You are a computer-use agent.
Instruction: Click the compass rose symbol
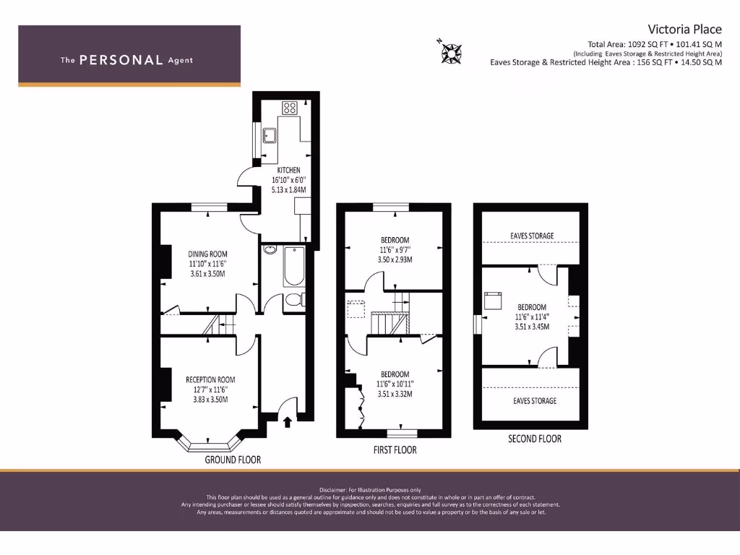[451, 51]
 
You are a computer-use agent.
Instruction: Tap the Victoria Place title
[684, 29]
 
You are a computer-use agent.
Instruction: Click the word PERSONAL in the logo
[121, 60]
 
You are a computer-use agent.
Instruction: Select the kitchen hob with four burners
[290, 108]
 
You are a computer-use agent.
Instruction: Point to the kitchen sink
[270, 135]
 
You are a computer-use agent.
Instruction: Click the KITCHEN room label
[288, 171]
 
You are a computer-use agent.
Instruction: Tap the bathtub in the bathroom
[293, 267]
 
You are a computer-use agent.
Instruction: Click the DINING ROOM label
[207, 254]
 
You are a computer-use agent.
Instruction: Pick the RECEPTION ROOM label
[210, 379]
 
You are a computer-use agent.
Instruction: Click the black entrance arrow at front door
[288, 421]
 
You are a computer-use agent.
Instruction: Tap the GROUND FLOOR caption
[233, 460]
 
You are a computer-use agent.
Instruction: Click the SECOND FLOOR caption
[535, 439]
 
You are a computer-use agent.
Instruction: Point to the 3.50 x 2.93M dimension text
[395, 259]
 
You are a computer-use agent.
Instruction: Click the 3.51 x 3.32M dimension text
[395, 394]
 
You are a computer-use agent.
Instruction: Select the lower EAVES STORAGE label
[535, 400]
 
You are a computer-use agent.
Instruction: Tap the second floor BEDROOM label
[531, 307]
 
